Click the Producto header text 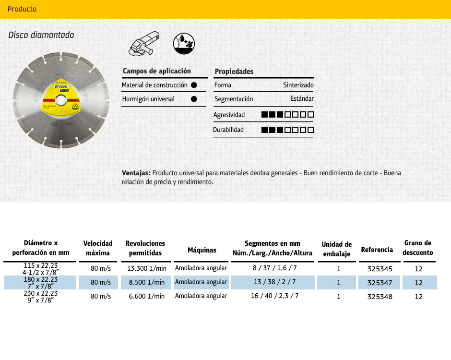tap(22, 9)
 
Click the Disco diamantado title tap(41, 35)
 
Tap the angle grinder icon tap(144, 44)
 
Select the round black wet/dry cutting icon tap(184, 43)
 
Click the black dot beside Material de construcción tap(194, 85)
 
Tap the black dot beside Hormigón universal tap(194, 99)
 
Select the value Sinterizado tap(298, 85)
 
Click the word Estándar tap(302, 99)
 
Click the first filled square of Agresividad tap(264, 115)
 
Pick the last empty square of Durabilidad tap(310, 130)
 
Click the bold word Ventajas tap(136, 173)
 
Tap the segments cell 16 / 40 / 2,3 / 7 tap(274, 296)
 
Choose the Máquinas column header tap(202, 250)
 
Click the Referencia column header tap(377, 250)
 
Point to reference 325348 tap(380, 297)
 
